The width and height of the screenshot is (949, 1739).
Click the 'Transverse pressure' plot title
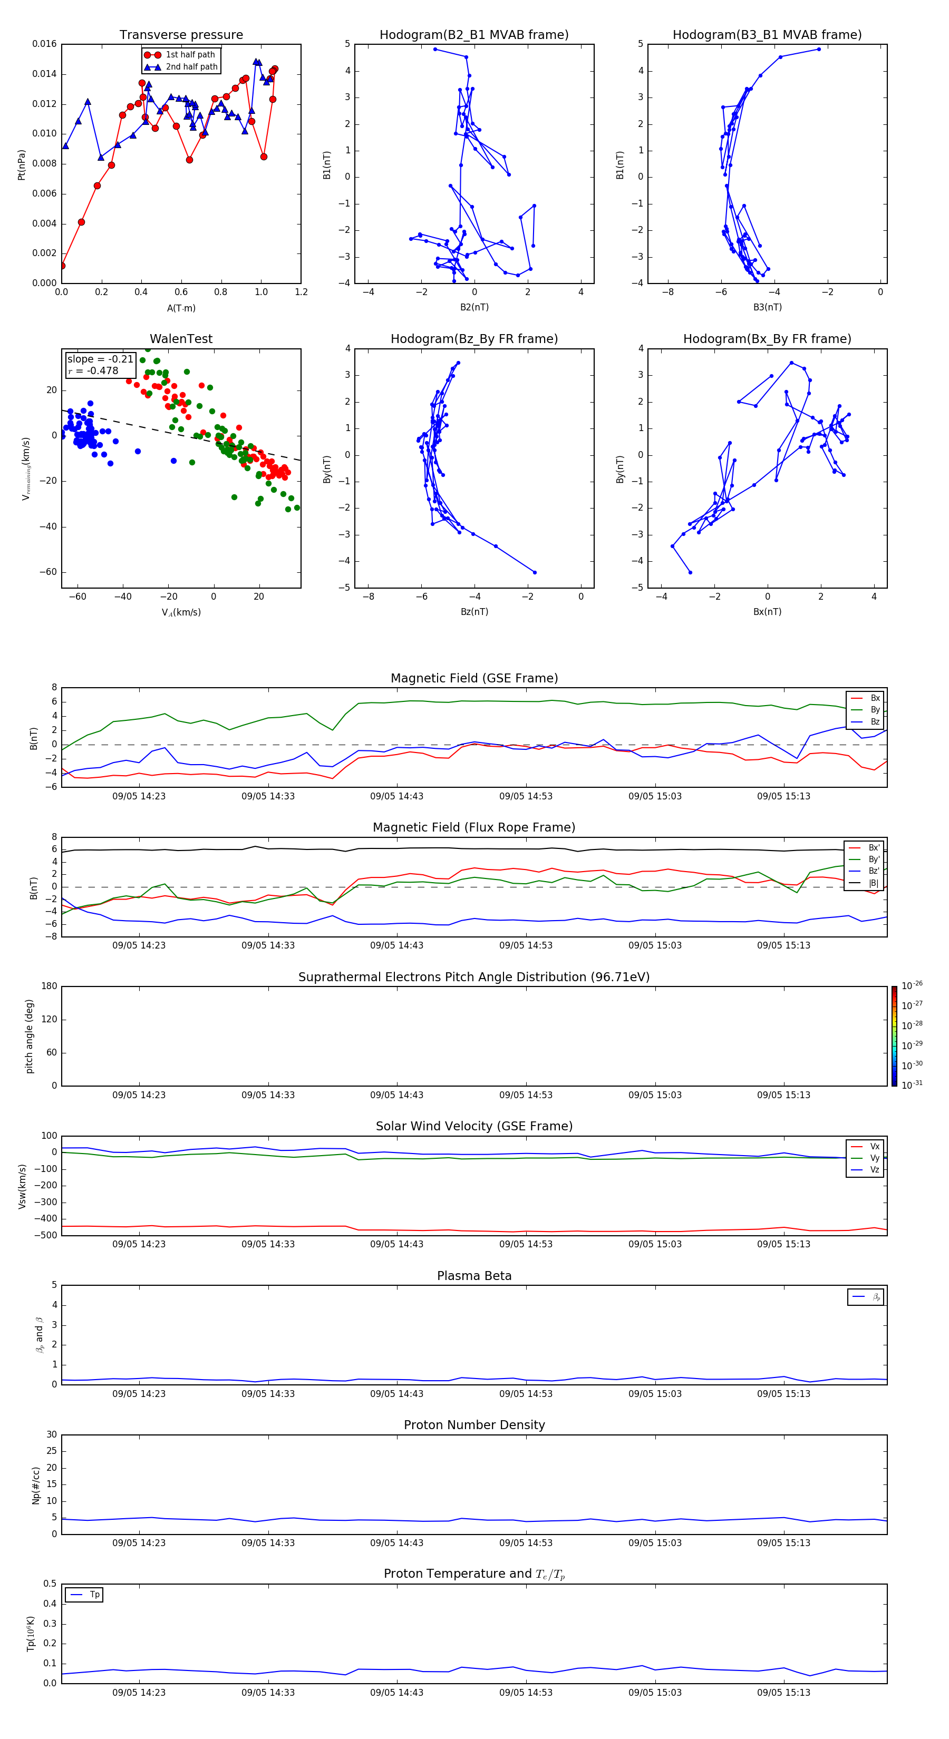click(181, 35)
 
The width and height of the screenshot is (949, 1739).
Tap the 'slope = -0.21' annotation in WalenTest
click(100, 359)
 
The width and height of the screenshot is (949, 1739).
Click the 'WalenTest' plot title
click(181, 339)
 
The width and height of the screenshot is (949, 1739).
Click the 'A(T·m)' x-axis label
click(181, 308)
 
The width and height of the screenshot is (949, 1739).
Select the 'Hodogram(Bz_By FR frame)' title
click(474, 339)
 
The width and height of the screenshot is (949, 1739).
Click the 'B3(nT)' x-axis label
click(767, 307)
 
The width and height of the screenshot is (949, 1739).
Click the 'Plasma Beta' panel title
click(474, 1276)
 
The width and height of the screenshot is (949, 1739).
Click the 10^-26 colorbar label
click(912, 985)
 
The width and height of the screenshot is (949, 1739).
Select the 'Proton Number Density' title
click(474, 1425)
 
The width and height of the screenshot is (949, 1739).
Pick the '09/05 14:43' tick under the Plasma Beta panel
click(396, 1393)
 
